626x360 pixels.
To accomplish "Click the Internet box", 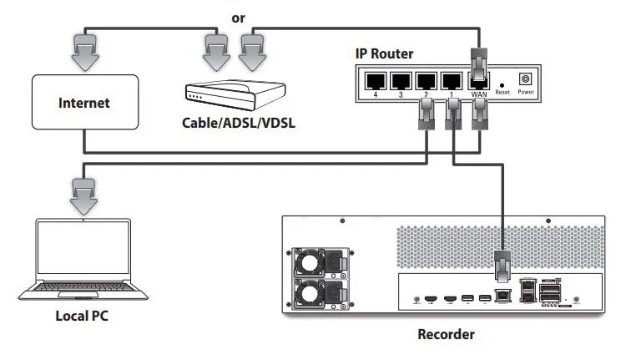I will coord(83,104).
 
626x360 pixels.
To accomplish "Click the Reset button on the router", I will coord(502,84).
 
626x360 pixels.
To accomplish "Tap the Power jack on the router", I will coord(526,79).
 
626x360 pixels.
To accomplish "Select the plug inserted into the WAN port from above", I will coord(478,66).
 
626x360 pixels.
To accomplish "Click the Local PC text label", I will coord(82,317).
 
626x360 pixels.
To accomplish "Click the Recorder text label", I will coord(446,334).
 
